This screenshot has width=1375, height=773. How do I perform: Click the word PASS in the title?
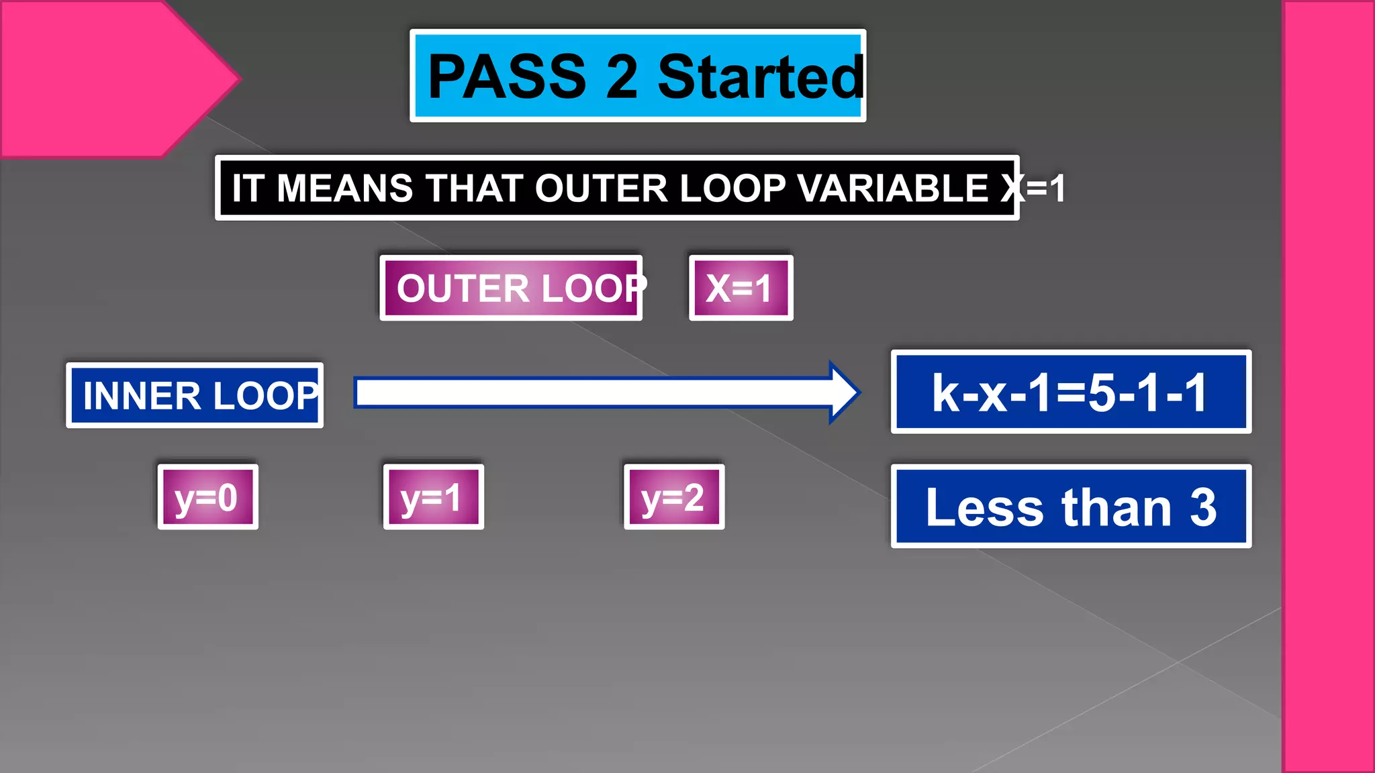[507, 76]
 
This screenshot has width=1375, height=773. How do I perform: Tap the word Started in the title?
[760, 77]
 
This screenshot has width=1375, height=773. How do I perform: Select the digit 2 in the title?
[621, 77]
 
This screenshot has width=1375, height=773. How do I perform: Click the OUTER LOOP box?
[511, 288]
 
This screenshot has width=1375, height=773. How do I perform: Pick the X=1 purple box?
[741, 288]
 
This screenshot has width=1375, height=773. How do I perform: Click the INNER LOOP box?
[195, 395]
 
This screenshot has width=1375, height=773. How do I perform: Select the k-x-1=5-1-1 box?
[1071, 392]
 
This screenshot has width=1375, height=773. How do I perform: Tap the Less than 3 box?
[1071, 507]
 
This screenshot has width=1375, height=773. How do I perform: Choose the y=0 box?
[207, 497]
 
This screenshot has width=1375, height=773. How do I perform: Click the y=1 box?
[433, 497]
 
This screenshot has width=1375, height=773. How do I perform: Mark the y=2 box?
[673, 497]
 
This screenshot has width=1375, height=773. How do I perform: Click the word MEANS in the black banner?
[344, 189]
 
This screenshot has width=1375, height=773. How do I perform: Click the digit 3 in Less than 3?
[1202, 507]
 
